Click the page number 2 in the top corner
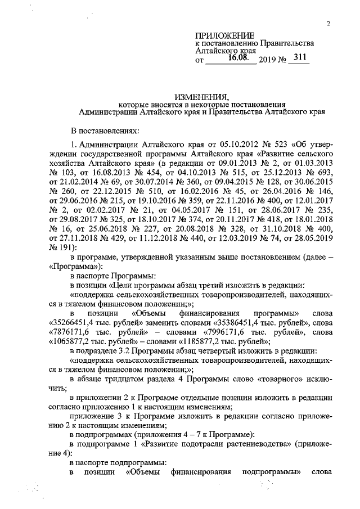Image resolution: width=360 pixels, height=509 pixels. point(327,23)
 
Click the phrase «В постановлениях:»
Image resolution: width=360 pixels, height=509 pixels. point(104,130)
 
